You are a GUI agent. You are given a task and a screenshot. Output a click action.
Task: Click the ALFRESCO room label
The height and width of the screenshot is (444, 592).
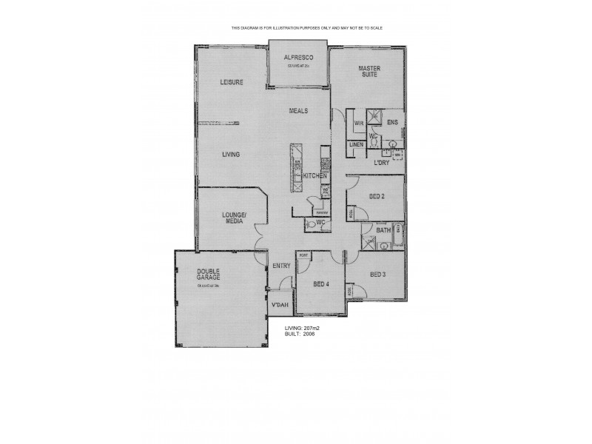(x=300, y=57)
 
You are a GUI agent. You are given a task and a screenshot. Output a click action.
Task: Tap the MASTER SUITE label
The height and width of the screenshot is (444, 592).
(x=369, y=70)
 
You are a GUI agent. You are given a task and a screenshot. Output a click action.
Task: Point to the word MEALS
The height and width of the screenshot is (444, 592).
(x=298, y=111)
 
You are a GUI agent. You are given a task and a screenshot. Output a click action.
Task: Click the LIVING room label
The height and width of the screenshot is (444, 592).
(x=231, y=155)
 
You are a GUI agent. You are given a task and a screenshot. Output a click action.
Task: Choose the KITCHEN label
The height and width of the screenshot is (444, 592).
(x=314, y=175)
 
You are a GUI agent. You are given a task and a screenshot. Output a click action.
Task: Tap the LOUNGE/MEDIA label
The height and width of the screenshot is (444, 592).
(x=234, y=217)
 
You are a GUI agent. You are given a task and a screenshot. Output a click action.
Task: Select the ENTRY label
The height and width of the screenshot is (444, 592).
(x=281, y=266)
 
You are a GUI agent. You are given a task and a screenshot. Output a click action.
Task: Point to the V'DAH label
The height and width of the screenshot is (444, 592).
(x=280, y=306)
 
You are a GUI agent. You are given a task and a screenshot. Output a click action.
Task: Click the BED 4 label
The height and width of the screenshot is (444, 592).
(x=321, y=283)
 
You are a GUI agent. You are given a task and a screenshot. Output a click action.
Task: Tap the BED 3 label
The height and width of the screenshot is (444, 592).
(x=378, y=275)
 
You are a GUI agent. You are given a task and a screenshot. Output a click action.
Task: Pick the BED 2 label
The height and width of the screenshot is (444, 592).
(x=377, y=196)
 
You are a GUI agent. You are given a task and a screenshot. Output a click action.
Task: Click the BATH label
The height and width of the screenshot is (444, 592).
(x=383, y=231)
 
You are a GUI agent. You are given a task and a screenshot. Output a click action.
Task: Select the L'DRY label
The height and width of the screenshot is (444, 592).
(x=382, y=162)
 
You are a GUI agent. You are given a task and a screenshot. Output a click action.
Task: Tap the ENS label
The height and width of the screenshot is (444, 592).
(x=392, y=122)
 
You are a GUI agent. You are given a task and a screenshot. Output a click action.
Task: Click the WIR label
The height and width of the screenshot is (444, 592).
(x=358, y=123)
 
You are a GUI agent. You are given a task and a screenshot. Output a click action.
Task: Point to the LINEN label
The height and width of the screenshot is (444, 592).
(x=356, y=144)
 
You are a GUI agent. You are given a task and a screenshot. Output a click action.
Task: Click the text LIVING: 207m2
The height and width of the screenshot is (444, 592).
(x=306, y=327)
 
